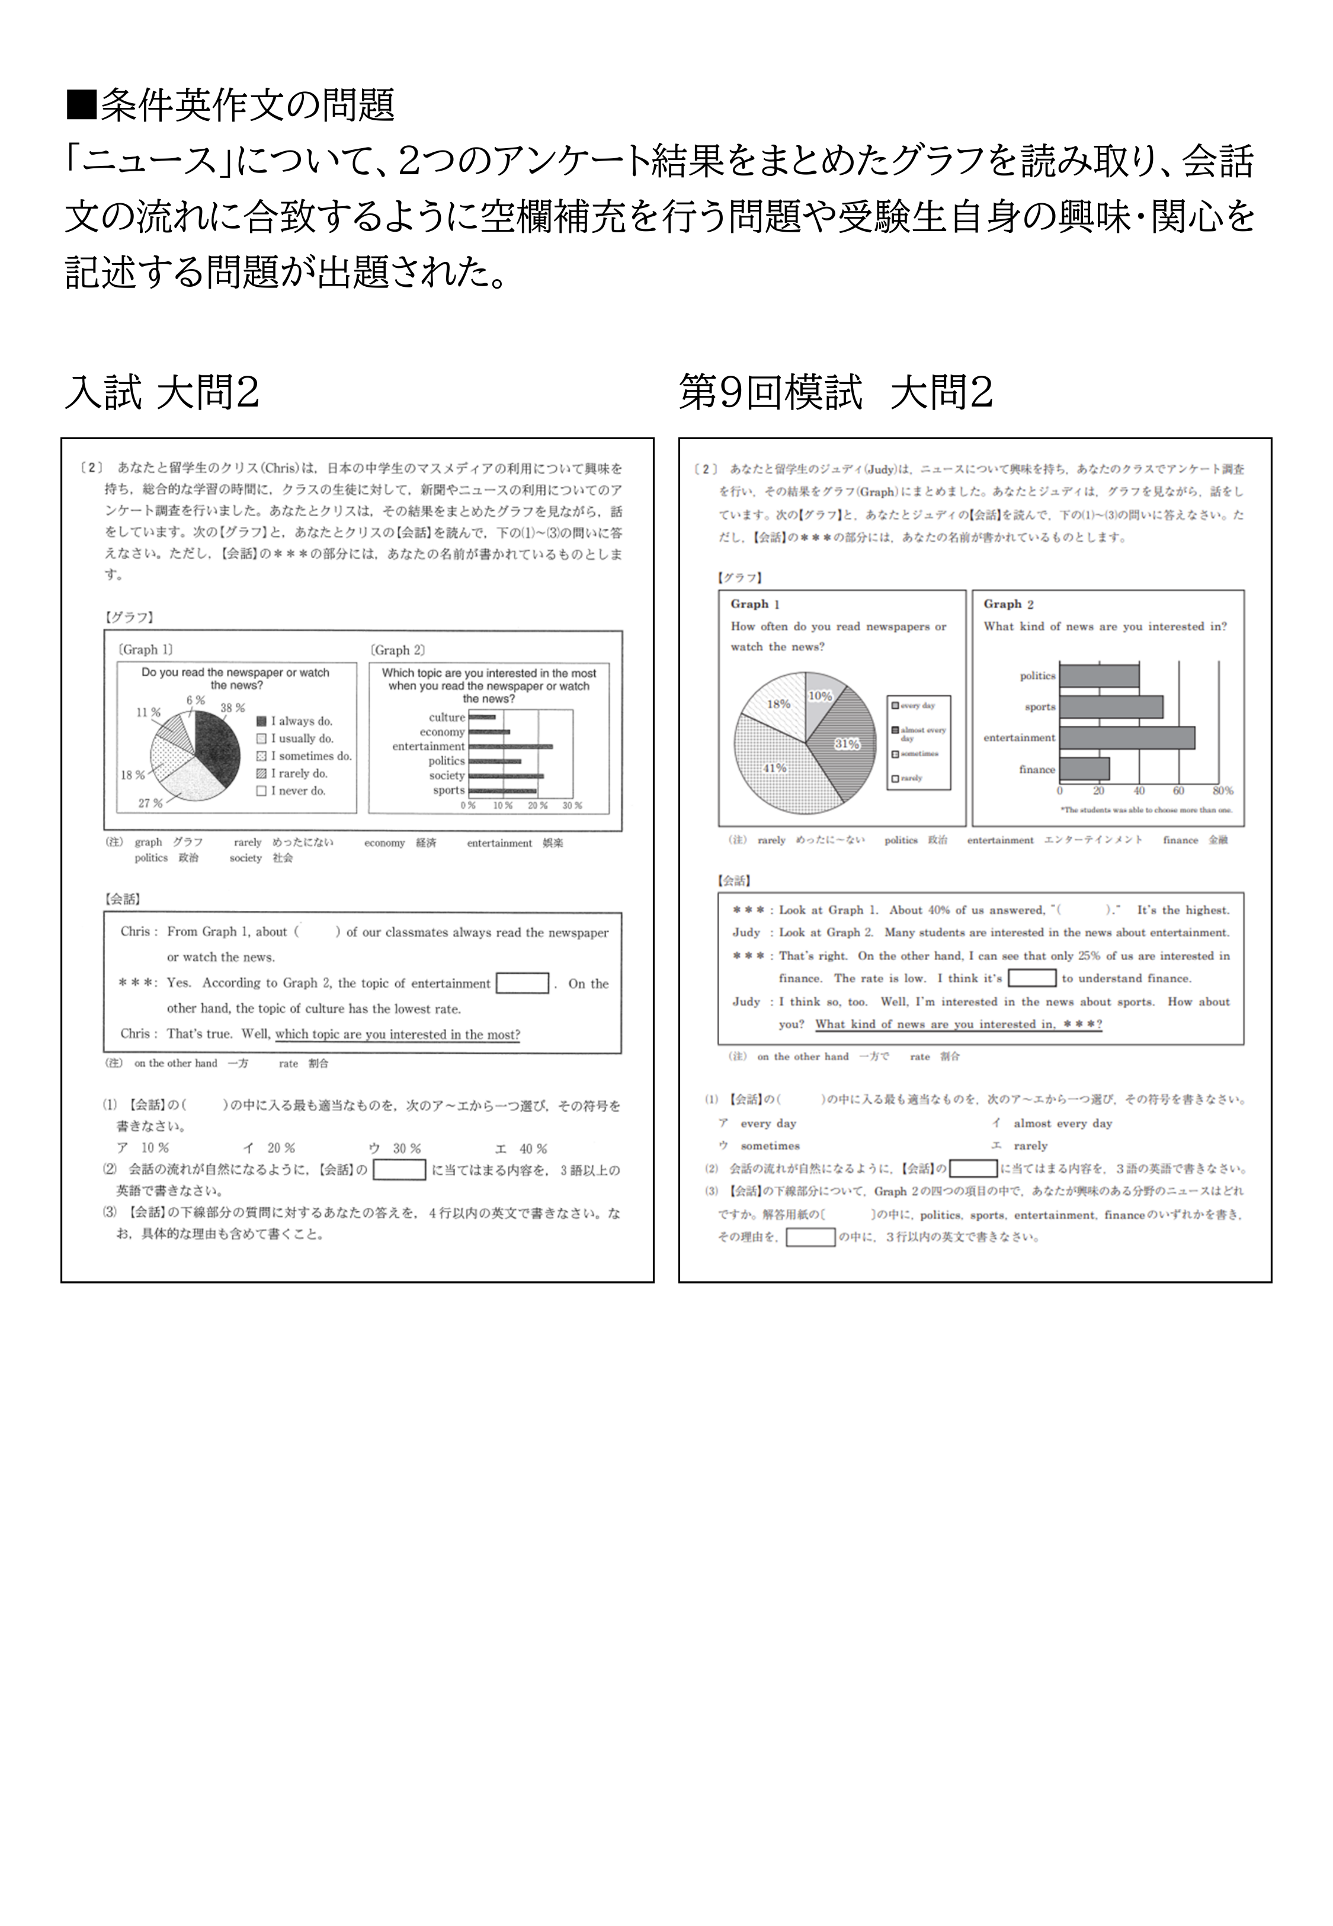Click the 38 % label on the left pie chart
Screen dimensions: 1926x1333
click(232, 708)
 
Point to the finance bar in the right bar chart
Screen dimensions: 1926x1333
click(1084, 769)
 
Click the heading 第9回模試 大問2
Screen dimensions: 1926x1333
click(835, 392)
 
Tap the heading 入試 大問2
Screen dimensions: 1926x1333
click(162, 392)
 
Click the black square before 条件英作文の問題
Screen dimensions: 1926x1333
click(81, 105)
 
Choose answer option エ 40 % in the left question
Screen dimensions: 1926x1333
click(521, 1148)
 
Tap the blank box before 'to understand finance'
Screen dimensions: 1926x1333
click(1031, 978)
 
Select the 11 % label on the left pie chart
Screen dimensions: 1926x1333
click(148, 712)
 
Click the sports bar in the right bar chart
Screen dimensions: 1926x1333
click(1111, 706)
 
